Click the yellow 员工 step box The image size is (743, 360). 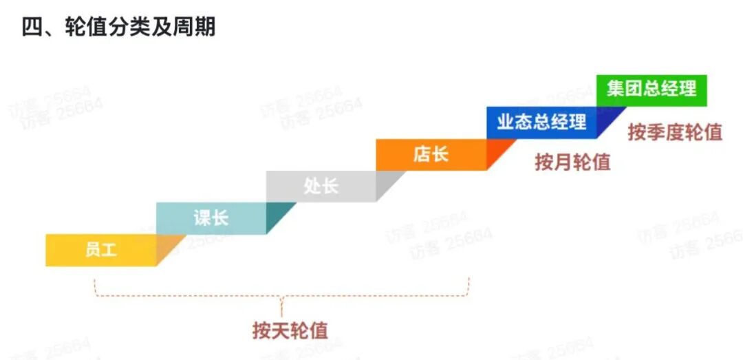click(101, 250)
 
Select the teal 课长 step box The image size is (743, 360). click(211, 218)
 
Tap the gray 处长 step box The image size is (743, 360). click(321, 186)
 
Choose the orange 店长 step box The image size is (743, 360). click(431, 154)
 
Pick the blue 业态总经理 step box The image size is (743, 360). click(541, 123)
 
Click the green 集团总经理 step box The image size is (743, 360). click(651, 90)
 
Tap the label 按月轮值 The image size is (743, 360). click(572, 162)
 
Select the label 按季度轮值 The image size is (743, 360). click(674, 132)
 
